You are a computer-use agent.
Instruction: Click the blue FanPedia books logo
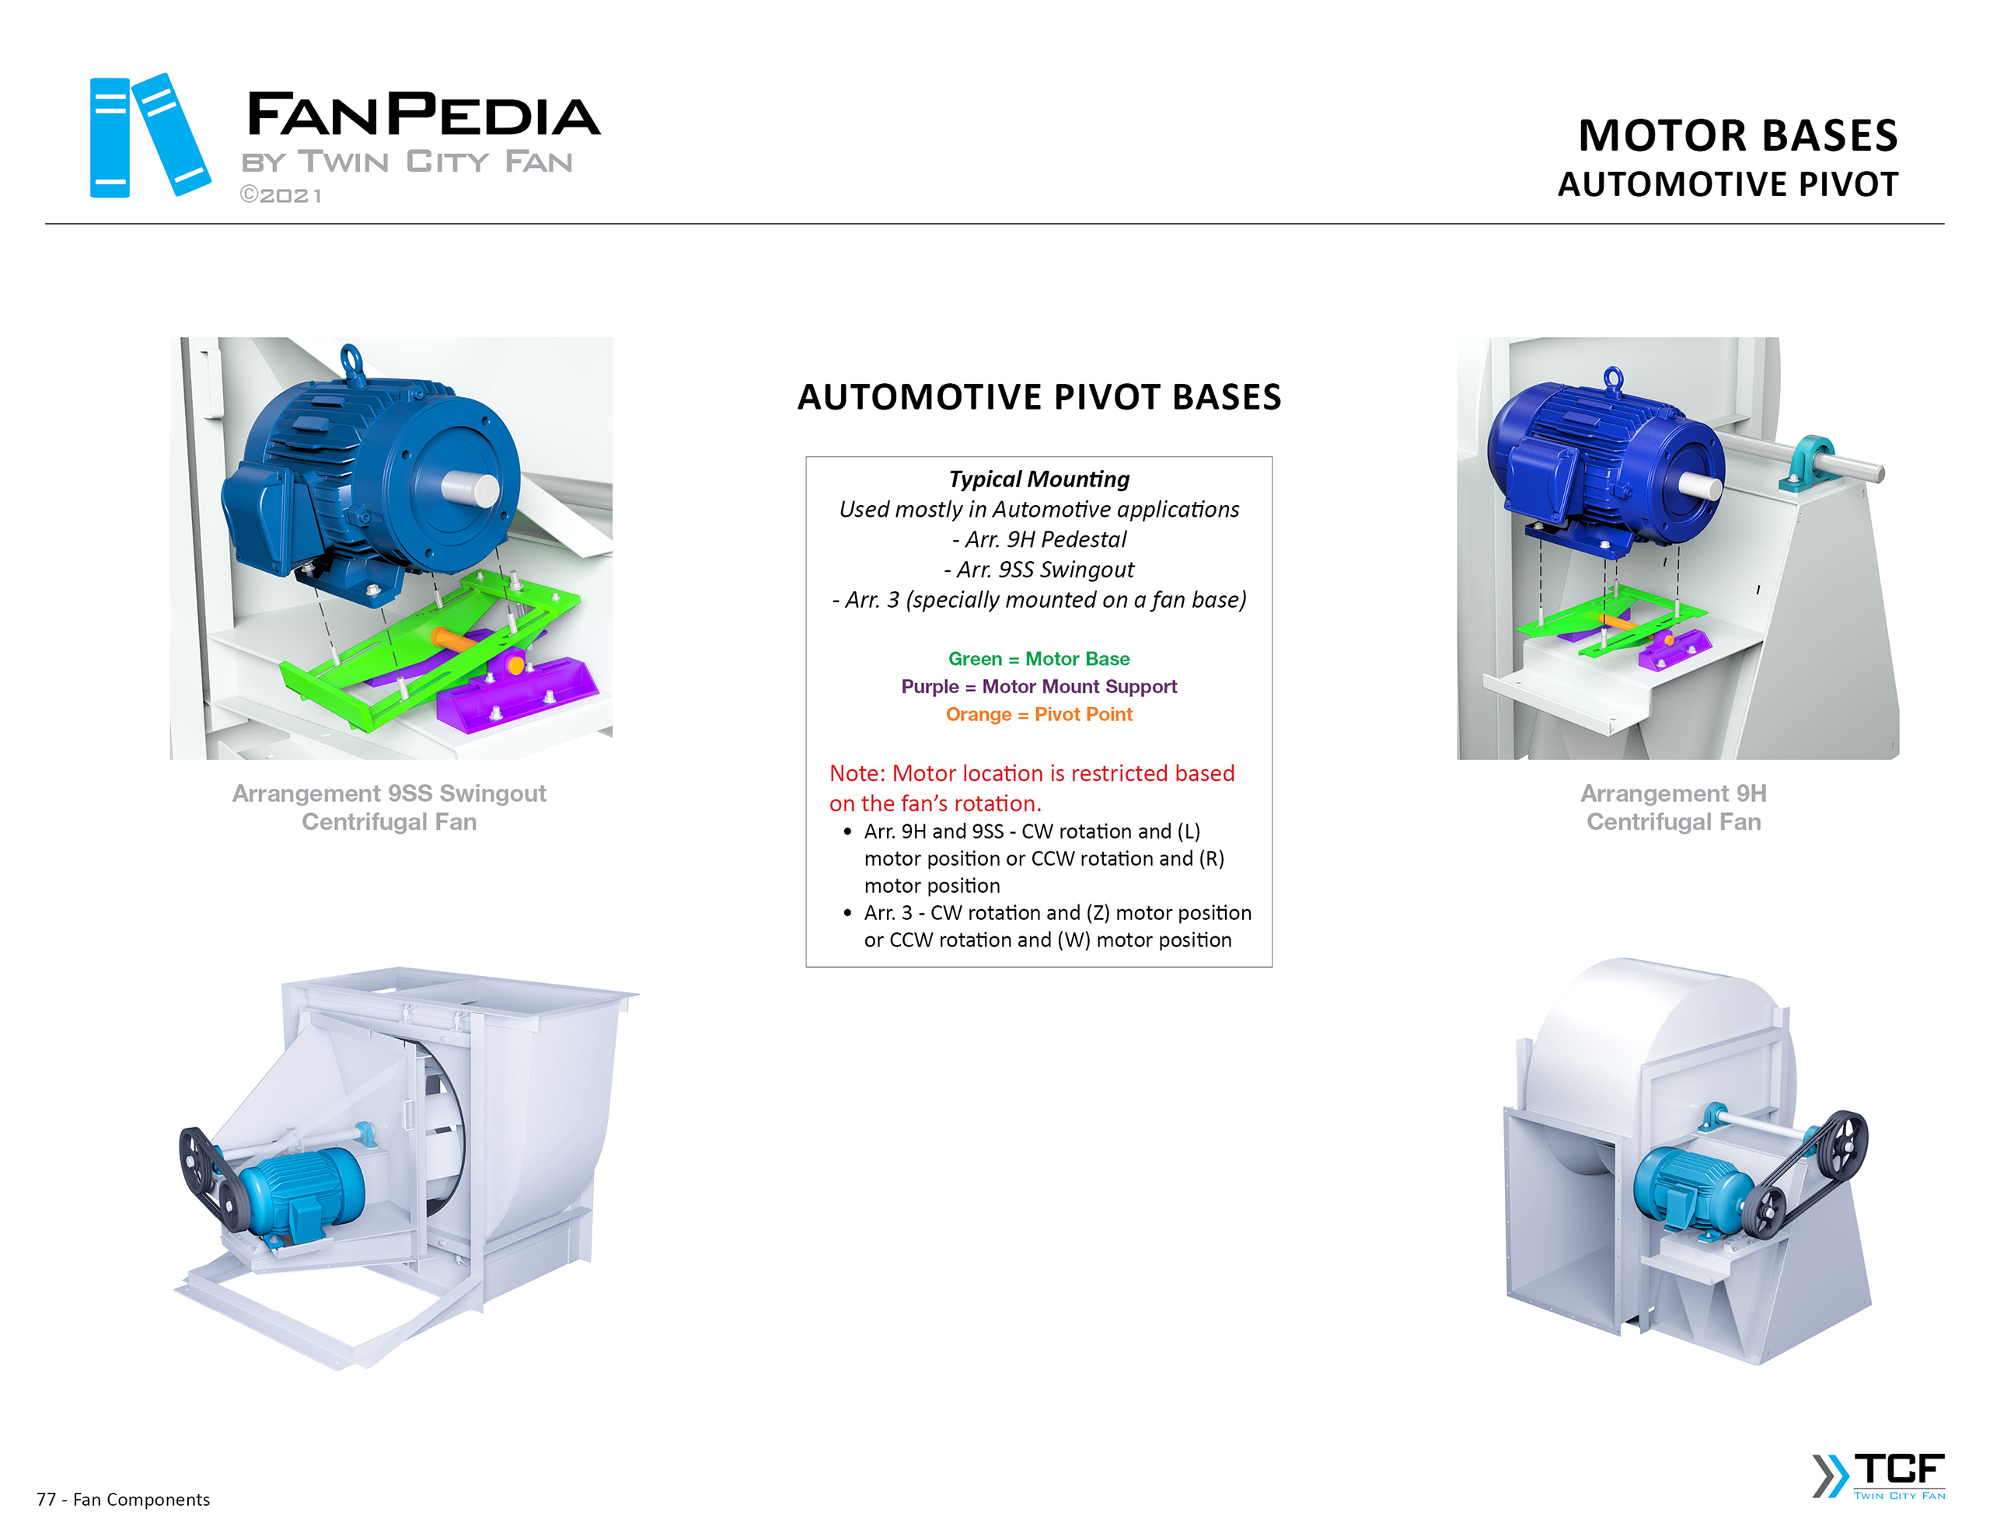click(x=149, y=136)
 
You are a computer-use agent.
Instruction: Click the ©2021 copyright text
click(x=281, y=196)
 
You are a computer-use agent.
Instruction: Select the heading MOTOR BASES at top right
click(x=1737, y=136)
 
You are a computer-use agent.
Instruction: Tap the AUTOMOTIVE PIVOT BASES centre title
click(x=1039, y=397)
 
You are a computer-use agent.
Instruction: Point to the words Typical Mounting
click(x=1039, y=479)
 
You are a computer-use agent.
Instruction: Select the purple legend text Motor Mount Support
click(x=1079, y=686)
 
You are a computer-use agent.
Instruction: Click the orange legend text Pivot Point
click(x=1083, y=714)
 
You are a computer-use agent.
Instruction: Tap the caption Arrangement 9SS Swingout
click(x=389, y=793)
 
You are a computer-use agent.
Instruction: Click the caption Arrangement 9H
click(x=1673, y=793)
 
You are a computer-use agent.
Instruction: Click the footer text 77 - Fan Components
click(x=123, y=1500)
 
